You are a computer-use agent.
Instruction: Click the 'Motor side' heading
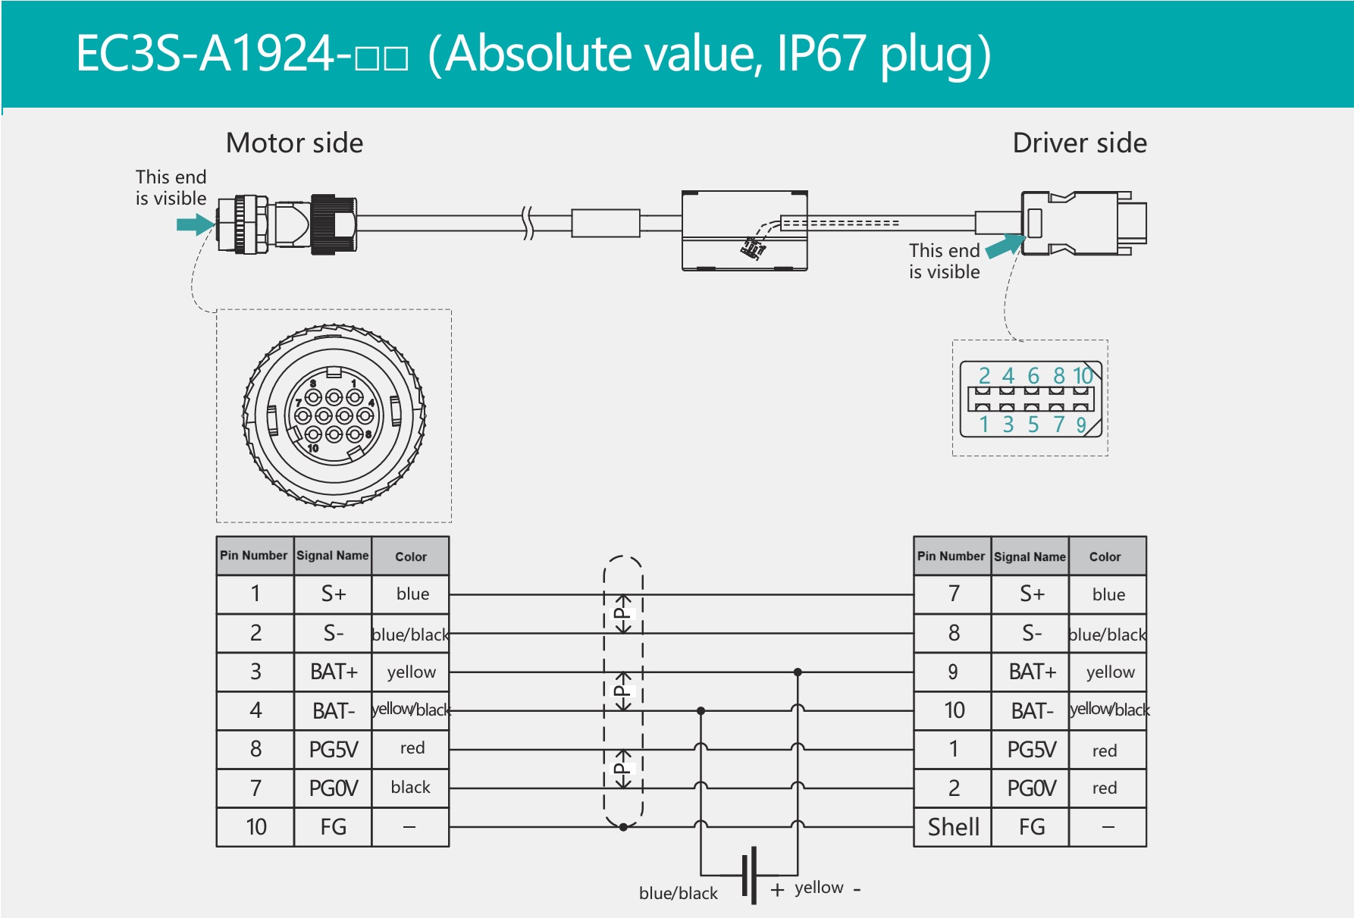[294, 143]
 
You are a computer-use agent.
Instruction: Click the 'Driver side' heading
[1079, 143]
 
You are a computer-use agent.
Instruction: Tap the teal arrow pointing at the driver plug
[1005, 246]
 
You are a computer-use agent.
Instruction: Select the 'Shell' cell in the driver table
[953, 826]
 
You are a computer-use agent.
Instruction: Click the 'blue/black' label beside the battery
[678, 893]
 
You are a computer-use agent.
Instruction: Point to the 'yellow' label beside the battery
[819, 887]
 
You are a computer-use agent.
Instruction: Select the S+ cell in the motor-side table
[333, 594]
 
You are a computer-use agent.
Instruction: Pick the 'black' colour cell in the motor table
[410, 788]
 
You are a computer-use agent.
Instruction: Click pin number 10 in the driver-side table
[953, 710]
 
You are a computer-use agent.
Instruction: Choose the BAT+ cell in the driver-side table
[1031, 672]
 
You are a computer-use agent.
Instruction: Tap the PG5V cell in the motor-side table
[333, 750]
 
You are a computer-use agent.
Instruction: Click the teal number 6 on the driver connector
[1033, 375]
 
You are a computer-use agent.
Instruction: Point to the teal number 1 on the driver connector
[984, 425]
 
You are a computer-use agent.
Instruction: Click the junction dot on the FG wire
[623, 827]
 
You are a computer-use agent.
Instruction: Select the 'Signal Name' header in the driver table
[1030, 556]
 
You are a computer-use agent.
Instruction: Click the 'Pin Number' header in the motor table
[254, 556]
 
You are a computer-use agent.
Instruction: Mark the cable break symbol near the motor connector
[528, 223]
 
